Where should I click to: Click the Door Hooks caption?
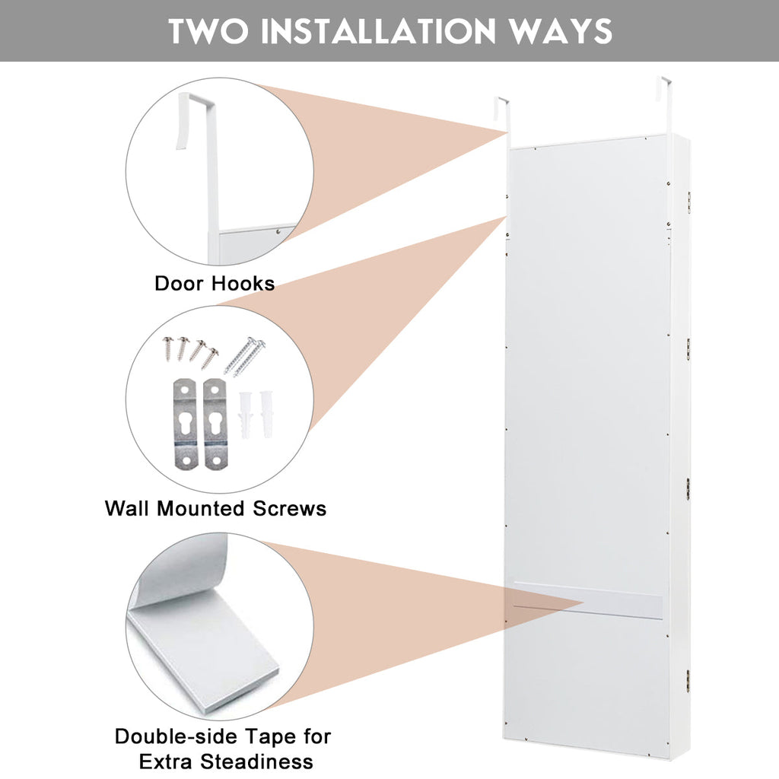[x=215, y=284]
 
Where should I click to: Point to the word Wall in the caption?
[x=129, y=508]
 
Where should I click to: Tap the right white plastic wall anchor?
[x=265, y=413]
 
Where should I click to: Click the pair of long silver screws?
[x=246, y=355]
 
